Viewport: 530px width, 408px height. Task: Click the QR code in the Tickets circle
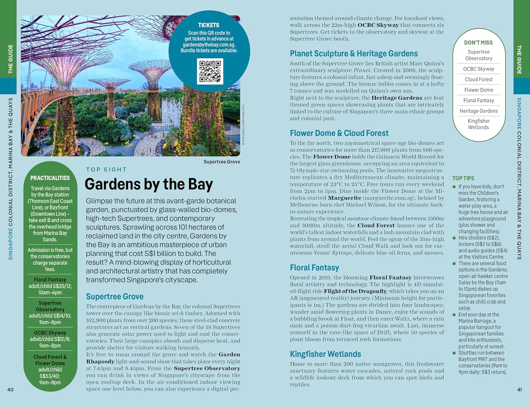tap(210, 71)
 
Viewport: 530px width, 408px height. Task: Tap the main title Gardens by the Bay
tap(149, 184)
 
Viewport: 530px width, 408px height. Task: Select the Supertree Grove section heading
tap(114, 297)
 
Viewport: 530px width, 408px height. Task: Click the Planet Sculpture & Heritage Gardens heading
tap(354, 54)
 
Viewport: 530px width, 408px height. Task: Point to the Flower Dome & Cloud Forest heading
tap(339, 133)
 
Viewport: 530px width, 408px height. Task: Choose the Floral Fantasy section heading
tap(314, 268)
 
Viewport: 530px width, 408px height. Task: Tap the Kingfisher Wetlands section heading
tap(325, 354)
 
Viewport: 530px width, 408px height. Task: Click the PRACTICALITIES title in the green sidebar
tap(50, 178)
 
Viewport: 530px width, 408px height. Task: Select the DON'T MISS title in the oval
tap(478, 43)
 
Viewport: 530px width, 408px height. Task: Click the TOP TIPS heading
tap(463, 179)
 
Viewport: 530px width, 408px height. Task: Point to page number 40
tap(10, 390)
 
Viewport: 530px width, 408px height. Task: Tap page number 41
tap(519, 390)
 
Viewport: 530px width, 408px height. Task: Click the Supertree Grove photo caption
tap(222, 162)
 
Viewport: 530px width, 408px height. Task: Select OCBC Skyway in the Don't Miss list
tap(478, 69)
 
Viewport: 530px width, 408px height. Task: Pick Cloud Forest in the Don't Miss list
tap(478, 80)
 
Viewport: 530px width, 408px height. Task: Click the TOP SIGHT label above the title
tap(106, 170)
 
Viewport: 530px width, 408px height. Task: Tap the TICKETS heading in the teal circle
tap(208, 25)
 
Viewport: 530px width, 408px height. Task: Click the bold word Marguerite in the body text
tap(344, 198)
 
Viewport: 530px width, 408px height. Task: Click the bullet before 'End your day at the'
tap(454, 315)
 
